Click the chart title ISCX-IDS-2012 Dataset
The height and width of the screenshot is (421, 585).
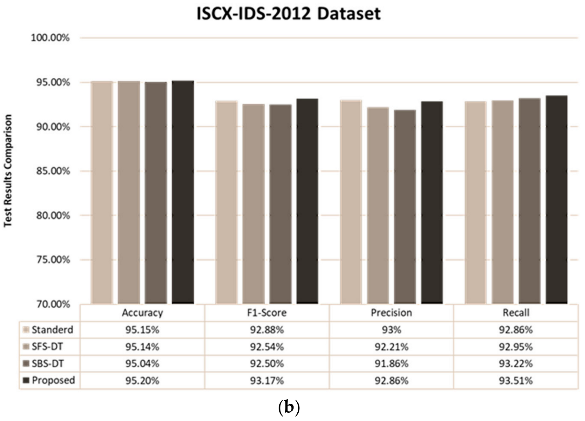click(x=288, y=14)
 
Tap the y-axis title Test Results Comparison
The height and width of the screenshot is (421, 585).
click(x=8, y=171)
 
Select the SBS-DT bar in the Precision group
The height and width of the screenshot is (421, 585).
click(x=405, y=207)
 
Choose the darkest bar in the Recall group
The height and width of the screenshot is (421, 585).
click(x=556, y=200)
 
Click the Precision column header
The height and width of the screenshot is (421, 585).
click(x=391, y=313)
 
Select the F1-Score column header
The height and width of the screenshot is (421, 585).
click(x=267, y=313)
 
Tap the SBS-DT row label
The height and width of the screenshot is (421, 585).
click(x=47, y=364)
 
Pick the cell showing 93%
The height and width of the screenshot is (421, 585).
click(x=391, y=330)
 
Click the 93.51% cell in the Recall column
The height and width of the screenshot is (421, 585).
click(x=515, y=381)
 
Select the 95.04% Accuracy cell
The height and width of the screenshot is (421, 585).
click(x=142, y=364)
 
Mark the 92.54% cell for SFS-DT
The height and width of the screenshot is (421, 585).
click(x=267, y=347)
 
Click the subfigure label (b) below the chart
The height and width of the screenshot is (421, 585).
click(x=288, y=408)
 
